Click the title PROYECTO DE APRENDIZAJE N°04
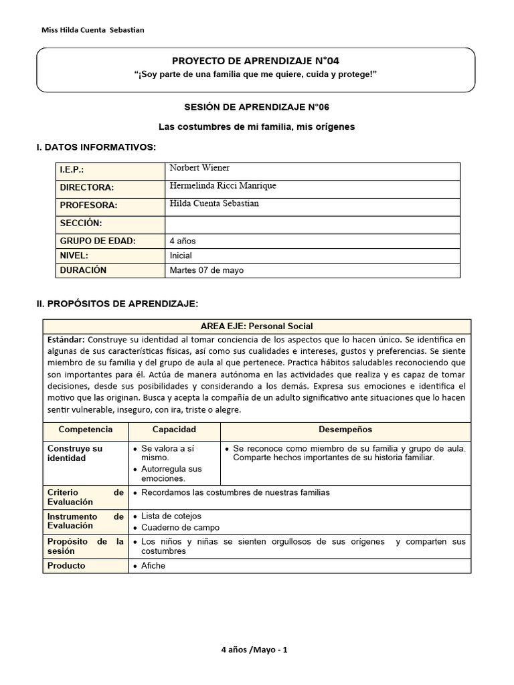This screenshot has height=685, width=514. coord(256,61)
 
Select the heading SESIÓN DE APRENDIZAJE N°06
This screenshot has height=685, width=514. coord(257,107)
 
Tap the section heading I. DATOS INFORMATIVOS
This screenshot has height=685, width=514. coord(96,146)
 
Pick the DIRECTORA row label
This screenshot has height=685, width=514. coord(87,188)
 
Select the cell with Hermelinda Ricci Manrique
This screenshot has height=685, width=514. coord(223,186)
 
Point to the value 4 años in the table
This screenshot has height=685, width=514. coord(183,241)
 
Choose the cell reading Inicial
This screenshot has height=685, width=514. coord(181,256)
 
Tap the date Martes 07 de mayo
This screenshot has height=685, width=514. coord(207,270)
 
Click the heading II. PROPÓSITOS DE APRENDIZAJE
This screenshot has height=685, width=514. coord(117,304)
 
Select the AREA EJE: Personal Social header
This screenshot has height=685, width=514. coord(257,326)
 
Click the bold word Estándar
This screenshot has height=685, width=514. coord(66,339)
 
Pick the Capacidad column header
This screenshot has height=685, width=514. coord(174,429)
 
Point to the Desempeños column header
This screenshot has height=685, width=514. coord(345,429)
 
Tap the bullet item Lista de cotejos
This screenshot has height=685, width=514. coord(171,516)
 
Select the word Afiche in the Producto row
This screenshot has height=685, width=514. coord(153,565)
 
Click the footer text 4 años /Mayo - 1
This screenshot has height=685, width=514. coord(254,650)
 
